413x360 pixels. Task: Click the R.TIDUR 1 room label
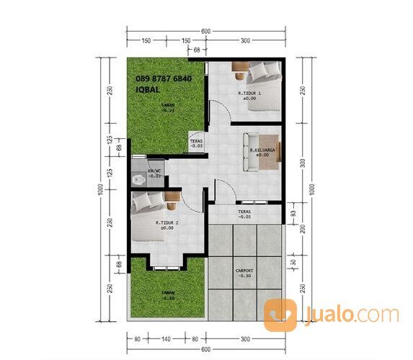coord(249,93)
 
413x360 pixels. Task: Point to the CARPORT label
coord(244,271)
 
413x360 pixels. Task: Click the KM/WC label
coord(154,170)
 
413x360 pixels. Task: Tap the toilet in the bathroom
coord(138,178)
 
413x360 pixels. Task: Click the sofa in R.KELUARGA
coord(248,151)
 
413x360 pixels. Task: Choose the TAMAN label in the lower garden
coord(167,292)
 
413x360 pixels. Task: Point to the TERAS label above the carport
coord(244,212)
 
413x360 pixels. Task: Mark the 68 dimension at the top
coord(196,50)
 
